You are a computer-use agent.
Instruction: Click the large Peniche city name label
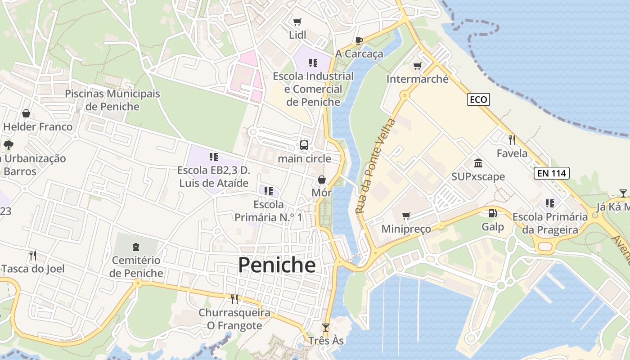coord(277,265)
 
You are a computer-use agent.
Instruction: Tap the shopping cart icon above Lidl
coord(297,22)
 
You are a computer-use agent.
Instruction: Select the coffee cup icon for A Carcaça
coord(359,41)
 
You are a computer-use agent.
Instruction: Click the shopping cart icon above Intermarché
coord(417,66)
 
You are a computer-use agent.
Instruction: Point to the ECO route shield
coord(478,99)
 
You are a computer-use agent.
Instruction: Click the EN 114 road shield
coord(552,173)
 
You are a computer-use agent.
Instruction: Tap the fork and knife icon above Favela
coord(512,139)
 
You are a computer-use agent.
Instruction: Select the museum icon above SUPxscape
coord(478,163)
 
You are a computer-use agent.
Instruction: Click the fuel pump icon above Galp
coord(493,213)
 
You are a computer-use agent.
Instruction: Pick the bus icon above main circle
coord(304,145)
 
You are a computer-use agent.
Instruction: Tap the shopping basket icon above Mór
coord(322,180)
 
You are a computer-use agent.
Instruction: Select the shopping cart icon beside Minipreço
coord(406,216)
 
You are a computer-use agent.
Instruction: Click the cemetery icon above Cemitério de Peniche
coord(136,247)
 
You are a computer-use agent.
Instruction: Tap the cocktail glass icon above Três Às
coord(326,327)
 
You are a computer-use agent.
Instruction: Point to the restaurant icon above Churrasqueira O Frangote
coord(234,299)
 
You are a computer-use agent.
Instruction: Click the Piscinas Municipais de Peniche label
coord(112,100)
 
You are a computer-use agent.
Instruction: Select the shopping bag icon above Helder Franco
coord(26,113)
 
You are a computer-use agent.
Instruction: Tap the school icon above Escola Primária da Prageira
coord(549,203)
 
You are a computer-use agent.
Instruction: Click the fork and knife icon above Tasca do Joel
coord(32,256)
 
